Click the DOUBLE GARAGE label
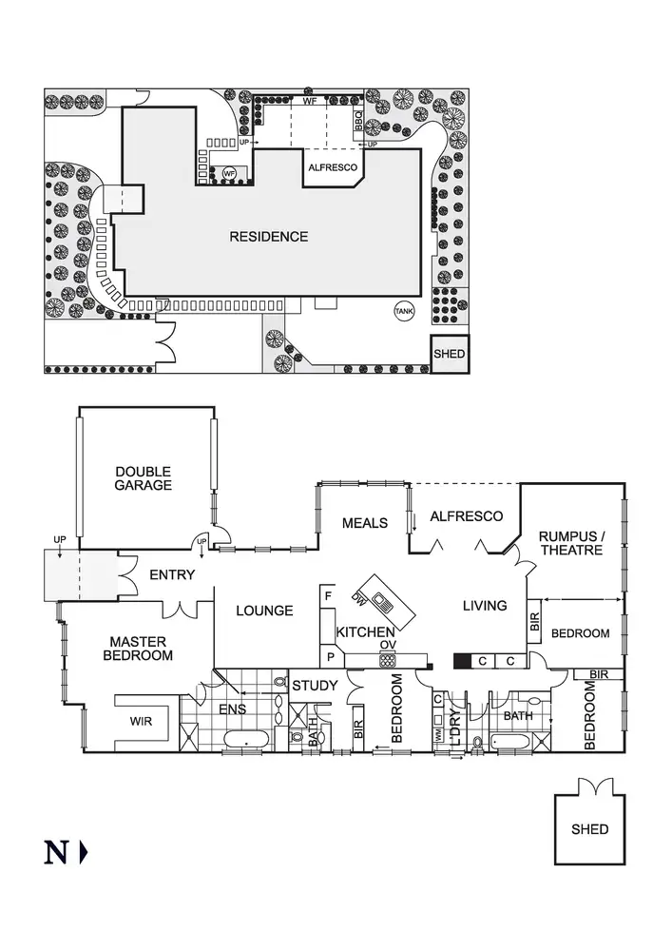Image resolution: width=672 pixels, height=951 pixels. coord(144,478)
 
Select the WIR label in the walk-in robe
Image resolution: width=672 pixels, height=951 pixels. coord(141,721)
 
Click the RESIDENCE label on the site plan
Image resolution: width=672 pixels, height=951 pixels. coord(269,237)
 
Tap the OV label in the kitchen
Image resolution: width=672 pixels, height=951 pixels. coord(387,646)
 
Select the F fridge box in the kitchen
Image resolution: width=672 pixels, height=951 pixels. coord(329,596)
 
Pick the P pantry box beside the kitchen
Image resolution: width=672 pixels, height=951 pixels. coord(331,656)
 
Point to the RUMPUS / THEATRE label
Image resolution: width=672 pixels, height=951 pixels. coord(570,542)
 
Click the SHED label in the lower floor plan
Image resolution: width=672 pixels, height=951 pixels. coord(589,829)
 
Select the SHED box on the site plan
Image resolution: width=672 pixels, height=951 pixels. coord(450,354)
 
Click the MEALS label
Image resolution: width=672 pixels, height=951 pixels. coord(365,523)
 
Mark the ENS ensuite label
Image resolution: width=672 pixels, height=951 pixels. coord(233,709)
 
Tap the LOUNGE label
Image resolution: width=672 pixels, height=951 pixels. coord(264,611)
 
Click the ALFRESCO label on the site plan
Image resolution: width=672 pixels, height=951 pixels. coord(333,167)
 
